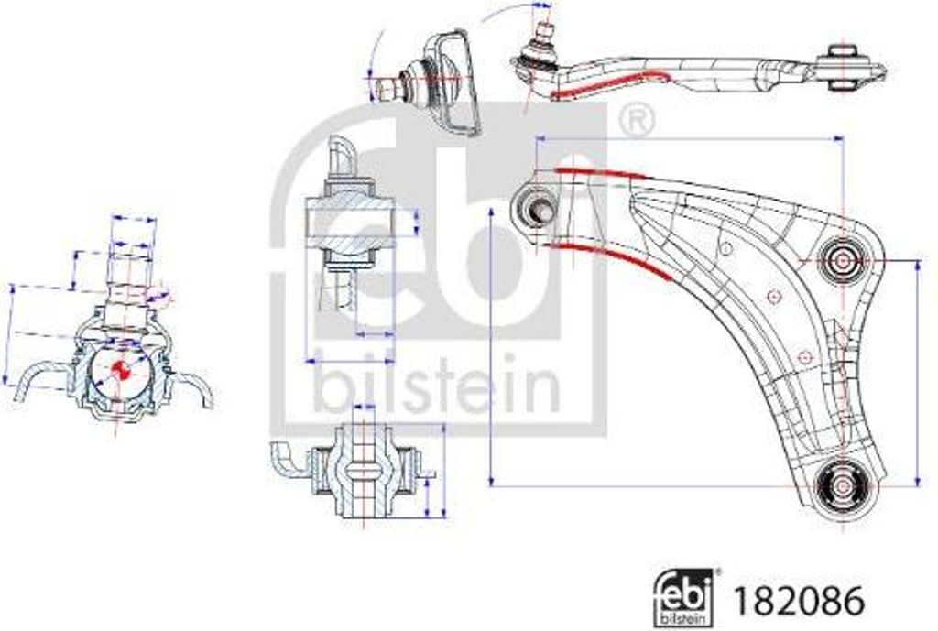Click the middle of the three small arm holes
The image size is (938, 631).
773,296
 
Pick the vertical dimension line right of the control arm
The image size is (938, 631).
917,371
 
